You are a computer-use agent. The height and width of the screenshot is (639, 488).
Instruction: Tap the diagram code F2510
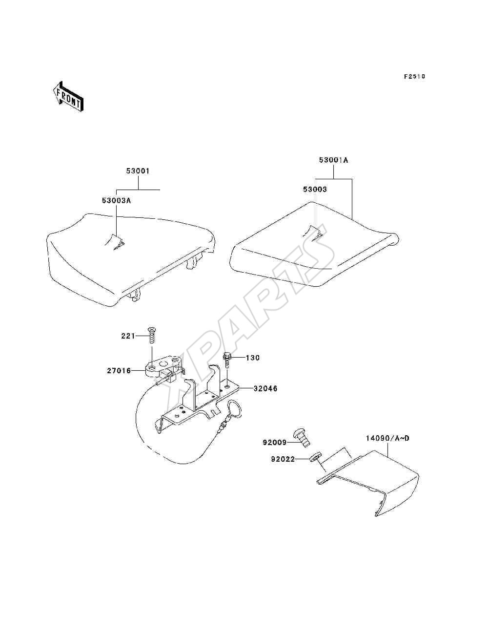(414, 77)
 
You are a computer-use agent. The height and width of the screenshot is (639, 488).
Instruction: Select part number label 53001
(138, 171)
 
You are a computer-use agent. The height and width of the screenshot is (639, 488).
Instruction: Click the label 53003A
(116, 201)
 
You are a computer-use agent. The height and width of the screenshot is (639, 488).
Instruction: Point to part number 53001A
(333, 160)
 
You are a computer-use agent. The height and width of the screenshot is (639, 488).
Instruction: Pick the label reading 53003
(315, 190)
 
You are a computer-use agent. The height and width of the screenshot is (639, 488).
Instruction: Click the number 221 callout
(128, 336)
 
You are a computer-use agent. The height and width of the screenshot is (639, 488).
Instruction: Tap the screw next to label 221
(152, 335)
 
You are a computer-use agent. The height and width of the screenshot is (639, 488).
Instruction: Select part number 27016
(119, 371)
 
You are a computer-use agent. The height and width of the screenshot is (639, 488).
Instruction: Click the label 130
(253, 358)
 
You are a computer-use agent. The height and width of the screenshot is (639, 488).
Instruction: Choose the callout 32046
(265, 389)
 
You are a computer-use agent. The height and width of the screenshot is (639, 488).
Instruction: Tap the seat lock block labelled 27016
(163, 369)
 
